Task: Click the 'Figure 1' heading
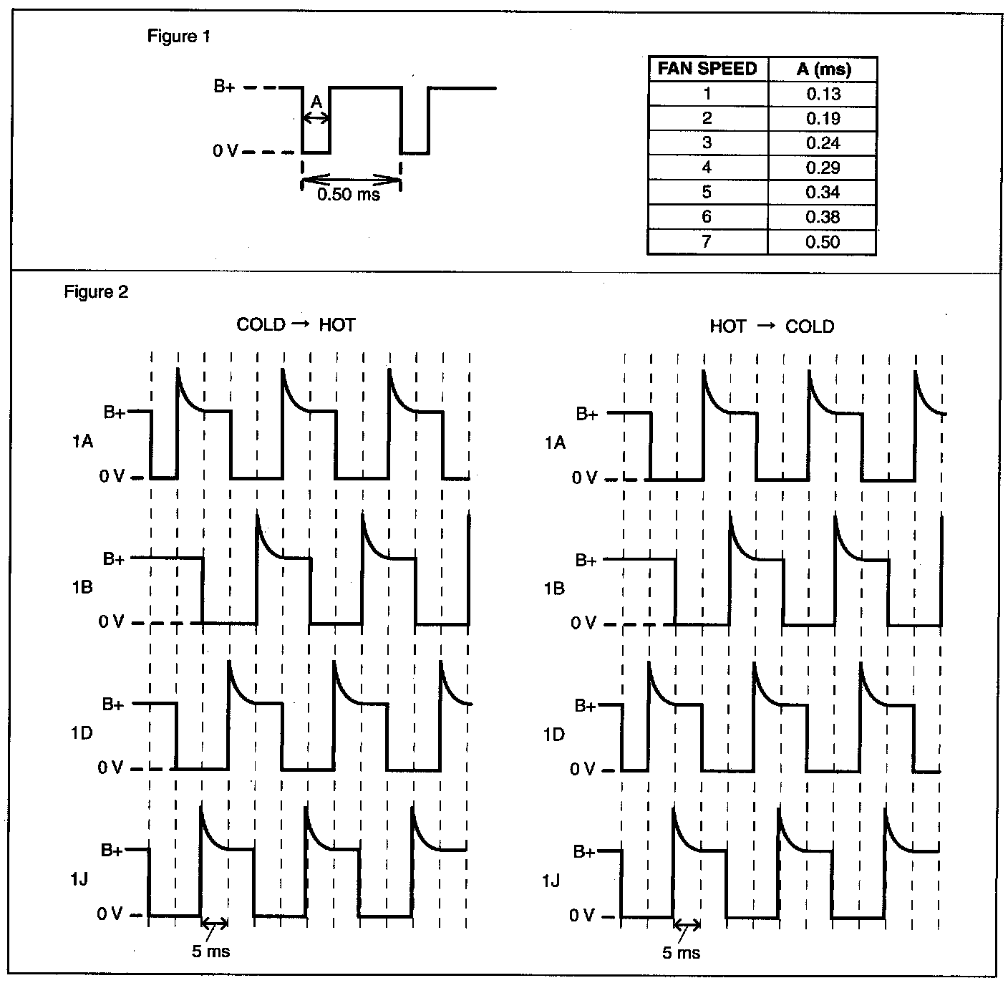pos(179,37)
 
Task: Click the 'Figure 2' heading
pos(96,292)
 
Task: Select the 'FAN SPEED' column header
pos(707,69)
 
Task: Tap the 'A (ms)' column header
pos(823,69)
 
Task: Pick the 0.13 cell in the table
pos(823,94)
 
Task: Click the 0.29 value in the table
pos(823,168)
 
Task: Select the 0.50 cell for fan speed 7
pos(823,242)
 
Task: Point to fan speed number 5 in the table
pos(707,192)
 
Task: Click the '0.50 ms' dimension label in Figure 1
pos(349,194)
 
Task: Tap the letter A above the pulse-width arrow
pos(316,102)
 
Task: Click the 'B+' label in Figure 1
pos(224,87)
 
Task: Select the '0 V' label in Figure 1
pos(226,152)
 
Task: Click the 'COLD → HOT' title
pos(296,325)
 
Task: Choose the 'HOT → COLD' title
pos(772,326)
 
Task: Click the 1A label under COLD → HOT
pos(82,442)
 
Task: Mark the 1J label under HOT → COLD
pos(551,880)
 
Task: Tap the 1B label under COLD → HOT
pos(82,588)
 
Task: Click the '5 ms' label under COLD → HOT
pos(211,951)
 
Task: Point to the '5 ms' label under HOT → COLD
pos(681,953)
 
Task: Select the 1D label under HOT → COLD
pos(554,735)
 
